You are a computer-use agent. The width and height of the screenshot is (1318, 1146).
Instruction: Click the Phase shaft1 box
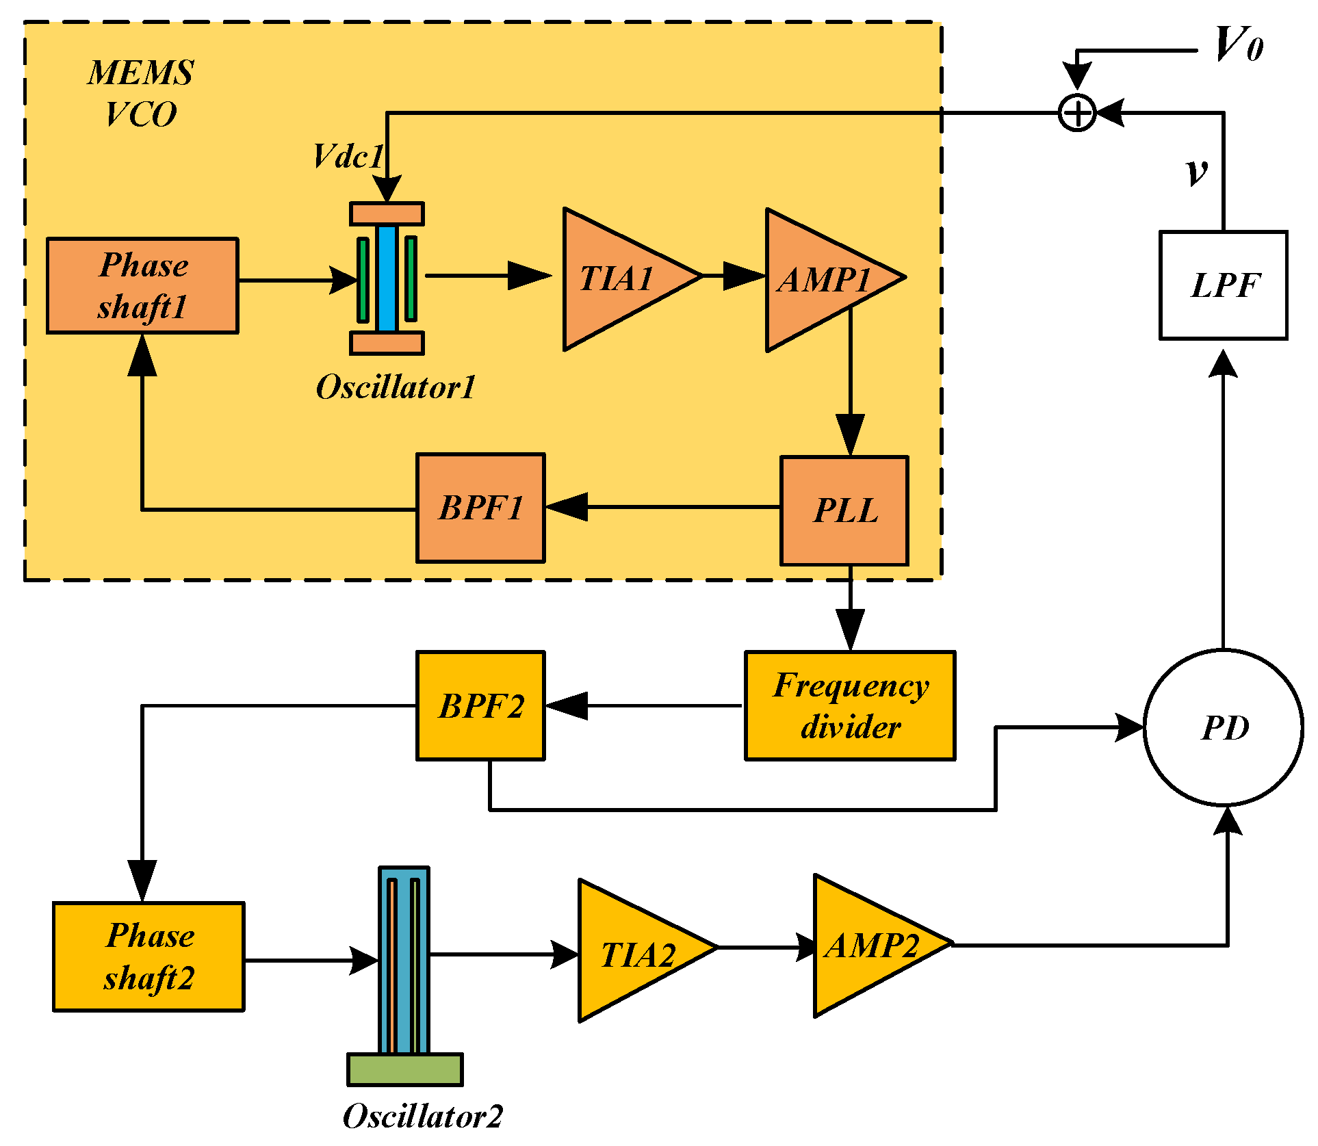click(142, 285)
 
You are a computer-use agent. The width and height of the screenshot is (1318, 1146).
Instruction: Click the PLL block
click(844, 510)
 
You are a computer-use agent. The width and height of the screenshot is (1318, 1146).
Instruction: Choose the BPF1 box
click(480, 508)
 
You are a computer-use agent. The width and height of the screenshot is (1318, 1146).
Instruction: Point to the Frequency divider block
click(849, 705)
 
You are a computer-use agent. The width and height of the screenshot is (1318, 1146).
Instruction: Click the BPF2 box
click(480, 705)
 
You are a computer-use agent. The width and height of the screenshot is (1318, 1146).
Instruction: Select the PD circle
click(1224, 727)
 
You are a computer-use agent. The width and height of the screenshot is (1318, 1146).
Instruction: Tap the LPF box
click(1223, 285)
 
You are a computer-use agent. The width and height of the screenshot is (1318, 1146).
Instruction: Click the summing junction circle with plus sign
click(1077, 113)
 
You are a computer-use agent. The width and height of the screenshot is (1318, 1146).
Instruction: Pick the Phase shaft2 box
click(148, 956)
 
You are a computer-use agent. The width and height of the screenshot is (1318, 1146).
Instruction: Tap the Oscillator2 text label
click(422, 1116)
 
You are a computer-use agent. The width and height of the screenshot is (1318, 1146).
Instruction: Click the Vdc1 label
click(348, 156)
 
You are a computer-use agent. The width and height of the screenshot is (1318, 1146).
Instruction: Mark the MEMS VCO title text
click(141, 93)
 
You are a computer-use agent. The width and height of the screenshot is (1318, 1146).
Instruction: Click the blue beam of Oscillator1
click(387, 278)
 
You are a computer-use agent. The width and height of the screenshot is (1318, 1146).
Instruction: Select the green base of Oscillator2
click(405, 1069)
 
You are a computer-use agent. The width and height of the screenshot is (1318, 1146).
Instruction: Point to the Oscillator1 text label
click(396, 387)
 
